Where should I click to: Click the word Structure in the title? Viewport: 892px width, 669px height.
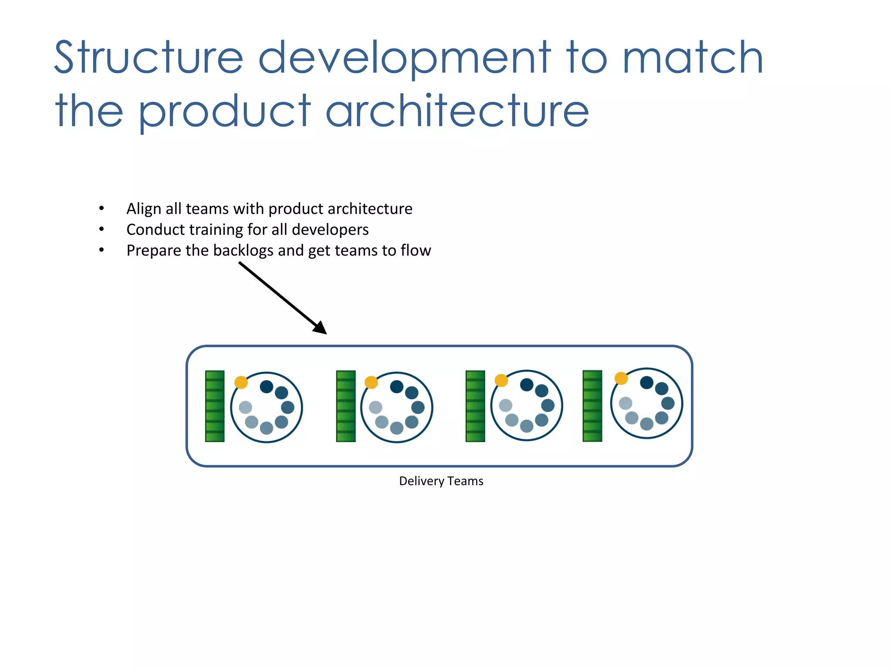(x=148, y=57)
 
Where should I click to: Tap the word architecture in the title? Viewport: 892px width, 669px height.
(x=457, y=111)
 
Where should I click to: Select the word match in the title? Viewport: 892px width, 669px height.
(x=693, y=57)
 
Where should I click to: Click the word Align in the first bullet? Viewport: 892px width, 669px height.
(x=144, y=209)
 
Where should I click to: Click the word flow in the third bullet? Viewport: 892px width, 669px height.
(x=416, y=251)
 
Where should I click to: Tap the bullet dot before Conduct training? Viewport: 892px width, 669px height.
(x=101, y=229)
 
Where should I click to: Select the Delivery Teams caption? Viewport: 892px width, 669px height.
(x=441, y=481)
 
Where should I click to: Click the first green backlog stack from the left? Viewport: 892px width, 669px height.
(x=215, y=406)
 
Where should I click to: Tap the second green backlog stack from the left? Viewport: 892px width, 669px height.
(x=346, y=406)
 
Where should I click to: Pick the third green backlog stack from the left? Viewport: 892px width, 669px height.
(x=475, y=406)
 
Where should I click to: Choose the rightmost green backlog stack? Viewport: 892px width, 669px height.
(x=592, y=405)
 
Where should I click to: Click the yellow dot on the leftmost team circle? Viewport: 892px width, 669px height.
(x=241, y=382)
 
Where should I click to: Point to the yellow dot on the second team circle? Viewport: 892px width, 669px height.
(x=371, y=382)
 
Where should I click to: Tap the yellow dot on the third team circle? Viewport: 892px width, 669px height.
(x=501, y=380)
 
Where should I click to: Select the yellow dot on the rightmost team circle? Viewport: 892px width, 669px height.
(x=621, y=378)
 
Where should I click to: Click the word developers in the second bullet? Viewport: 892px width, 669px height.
(x=330, y=230)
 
